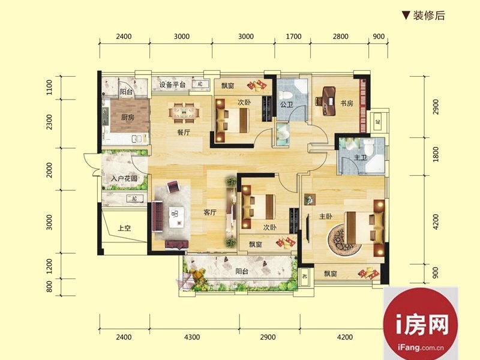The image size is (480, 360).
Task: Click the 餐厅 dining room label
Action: (x=184, y=133)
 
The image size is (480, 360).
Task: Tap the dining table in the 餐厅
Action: (x=184, y=113)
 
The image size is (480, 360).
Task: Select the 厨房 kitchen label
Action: (x=128, y=117)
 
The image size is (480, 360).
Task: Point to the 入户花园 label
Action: (x=124, y=178)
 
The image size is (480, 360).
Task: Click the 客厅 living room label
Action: (x=210, y=212)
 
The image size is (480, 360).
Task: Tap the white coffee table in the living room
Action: (x=176, y=217)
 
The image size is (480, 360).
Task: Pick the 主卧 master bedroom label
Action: (x=325, y=217)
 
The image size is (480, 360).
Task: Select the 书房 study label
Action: (x=347, y=103)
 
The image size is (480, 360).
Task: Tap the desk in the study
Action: (x=328, y=101)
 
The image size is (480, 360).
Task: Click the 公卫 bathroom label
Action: (x=287, y=104)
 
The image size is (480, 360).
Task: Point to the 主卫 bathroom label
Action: (x=361, y=158)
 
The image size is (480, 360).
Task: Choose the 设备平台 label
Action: (x=172, y=85)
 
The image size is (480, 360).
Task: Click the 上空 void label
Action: (x=125, y=228)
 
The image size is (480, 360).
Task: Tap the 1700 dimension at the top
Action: (x=293, y=37)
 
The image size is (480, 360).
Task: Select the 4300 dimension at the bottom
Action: (x=192, y=337)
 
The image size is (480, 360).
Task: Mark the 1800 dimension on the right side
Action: (x=436, y=155)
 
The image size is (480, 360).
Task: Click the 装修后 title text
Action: (x=429, y=16)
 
